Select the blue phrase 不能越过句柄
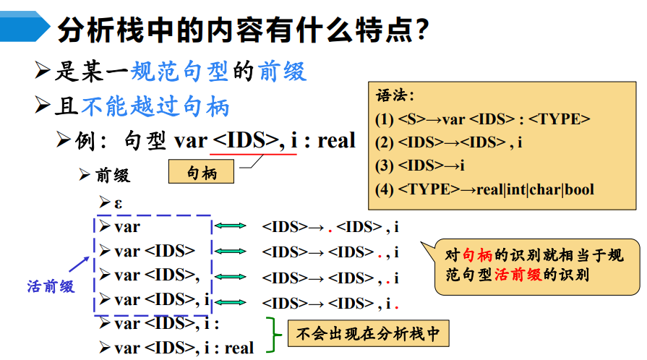155,107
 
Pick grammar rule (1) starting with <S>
483,119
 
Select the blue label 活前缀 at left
51,286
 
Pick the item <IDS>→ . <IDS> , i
330,228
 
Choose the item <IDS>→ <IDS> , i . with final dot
330,303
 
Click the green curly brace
273,335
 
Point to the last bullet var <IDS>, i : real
184,348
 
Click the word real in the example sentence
337,140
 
